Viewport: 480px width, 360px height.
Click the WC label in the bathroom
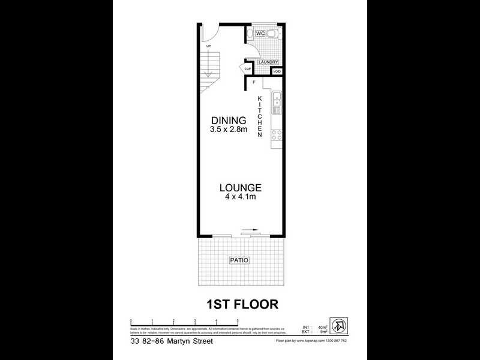coord(260,34)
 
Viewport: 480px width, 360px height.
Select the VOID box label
coord(277,71)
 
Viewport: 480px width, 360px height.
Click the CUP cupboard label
coord(247,69)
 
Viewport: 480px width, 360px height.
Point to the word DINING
coord(224,120)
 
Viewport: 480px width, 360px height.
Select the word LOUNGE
coord(239,187)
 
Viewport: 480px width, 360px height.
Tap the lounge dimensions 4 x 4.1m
coord(239,197)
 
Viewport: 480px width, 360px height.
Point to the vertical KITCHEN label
coord(260,116)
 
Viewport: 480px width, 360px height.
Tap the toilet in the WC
coord(272,34)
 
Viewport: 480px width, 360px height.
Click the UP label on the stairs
coord(208,46)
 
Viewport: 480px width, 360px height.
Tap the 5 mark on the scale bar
coord(238,321)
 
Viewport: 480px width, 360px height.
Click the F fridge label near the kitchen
coord(254,82)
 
